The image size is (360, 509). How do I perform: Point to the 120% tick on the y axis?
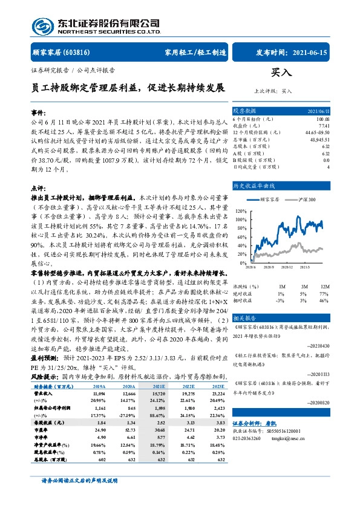241,211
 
